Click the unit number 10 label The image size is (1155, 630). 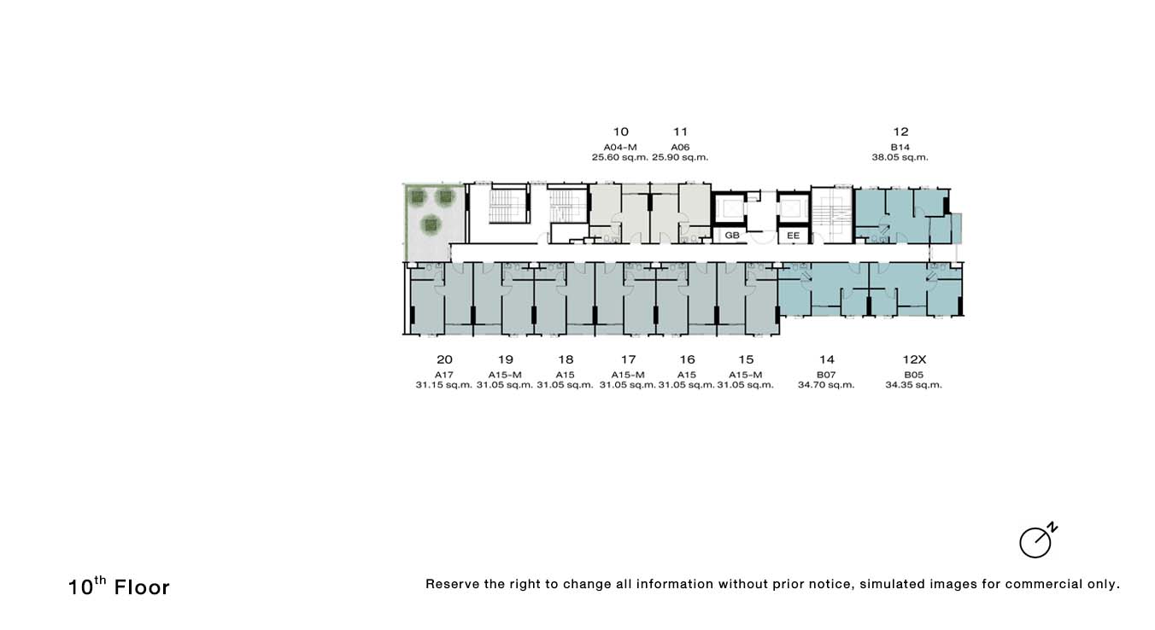[620, 131]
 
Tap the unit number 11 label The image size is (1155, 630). [680, 131]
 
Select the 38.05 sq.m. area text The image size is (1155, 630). [900, 157]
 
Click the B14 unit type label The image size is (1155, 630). [900, 147]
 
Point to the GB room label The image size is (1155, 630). [732, 236]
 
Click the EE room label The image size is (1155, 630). [793, 236]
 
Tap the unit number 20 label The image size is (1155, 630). [444, 359]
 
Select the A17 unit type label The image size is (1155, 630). [444, 375]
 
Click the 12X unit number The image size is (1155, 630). [914, 359]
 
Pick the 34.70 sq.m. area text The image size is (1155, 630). [826, 385]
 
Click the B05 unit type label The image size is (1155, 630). [914, 375]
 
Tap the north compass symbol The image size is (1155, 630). [1038, 540]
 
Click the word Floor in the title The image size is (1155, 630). [142, 587]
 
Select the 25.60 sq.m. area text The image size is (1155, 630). [619, 157]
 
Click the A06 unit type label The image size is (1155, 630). [680, 147]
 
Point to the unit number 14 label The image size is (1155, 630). [827, 359]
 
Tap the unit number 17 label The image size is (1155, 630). [628, 359]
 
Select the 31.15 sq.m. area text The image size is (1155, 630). [444, 385]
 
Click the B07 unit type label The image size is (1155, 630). [826, 375]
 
